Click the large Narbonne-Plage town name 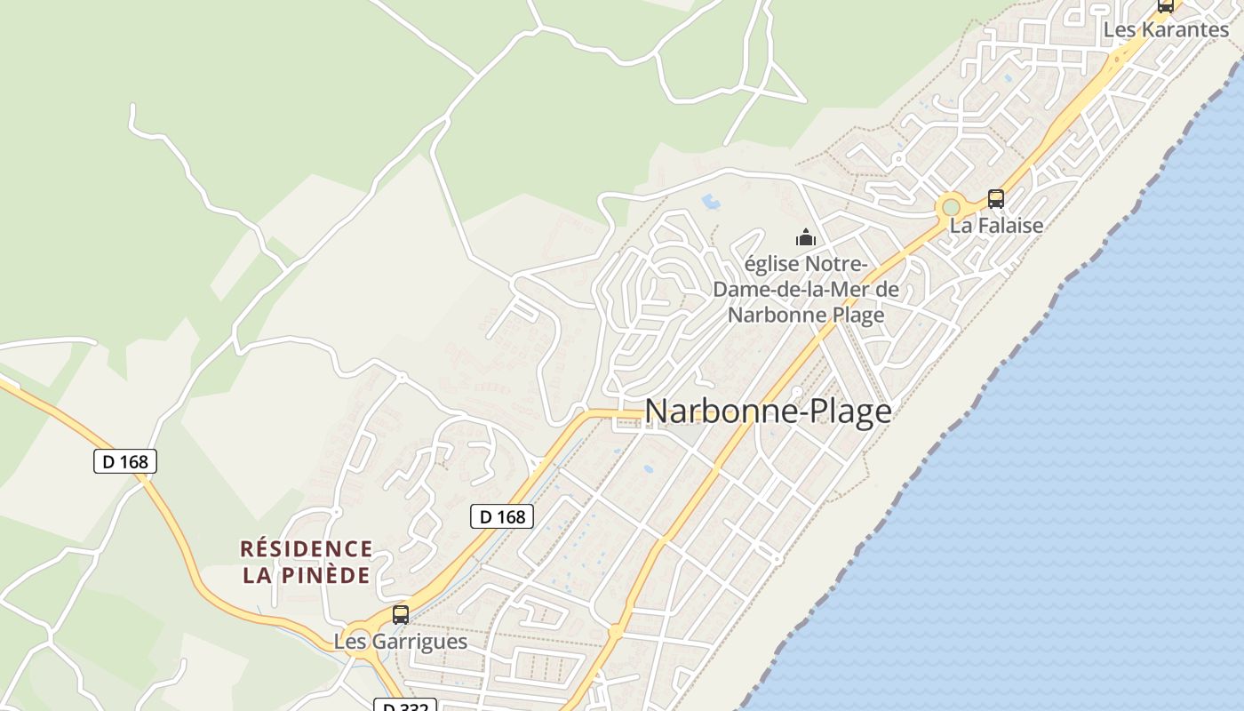(x=768, y=411)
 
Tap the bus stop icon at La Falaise (x=996, y=199)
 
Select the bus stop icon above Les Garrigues (x=401, y=614)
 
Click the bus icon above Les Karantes (x=1166, y=5)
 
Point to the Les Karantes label (x=1166, y=29)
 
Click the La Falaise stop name (x=996, y=226)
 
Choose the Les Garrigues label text (x=401, y=641)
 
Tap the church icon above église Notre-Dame (x=806, y=237)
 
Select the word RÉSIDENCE (x=307, y=549)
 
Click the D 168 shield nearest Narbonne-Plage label (x=501, y=515)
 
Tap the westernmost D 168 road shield (x=125, y=461)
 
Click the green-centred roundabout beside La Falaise (x=951, y=207)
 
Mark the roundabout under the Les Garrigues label (x=358, y=642)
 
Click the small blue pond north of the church (x=711, y=202)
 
